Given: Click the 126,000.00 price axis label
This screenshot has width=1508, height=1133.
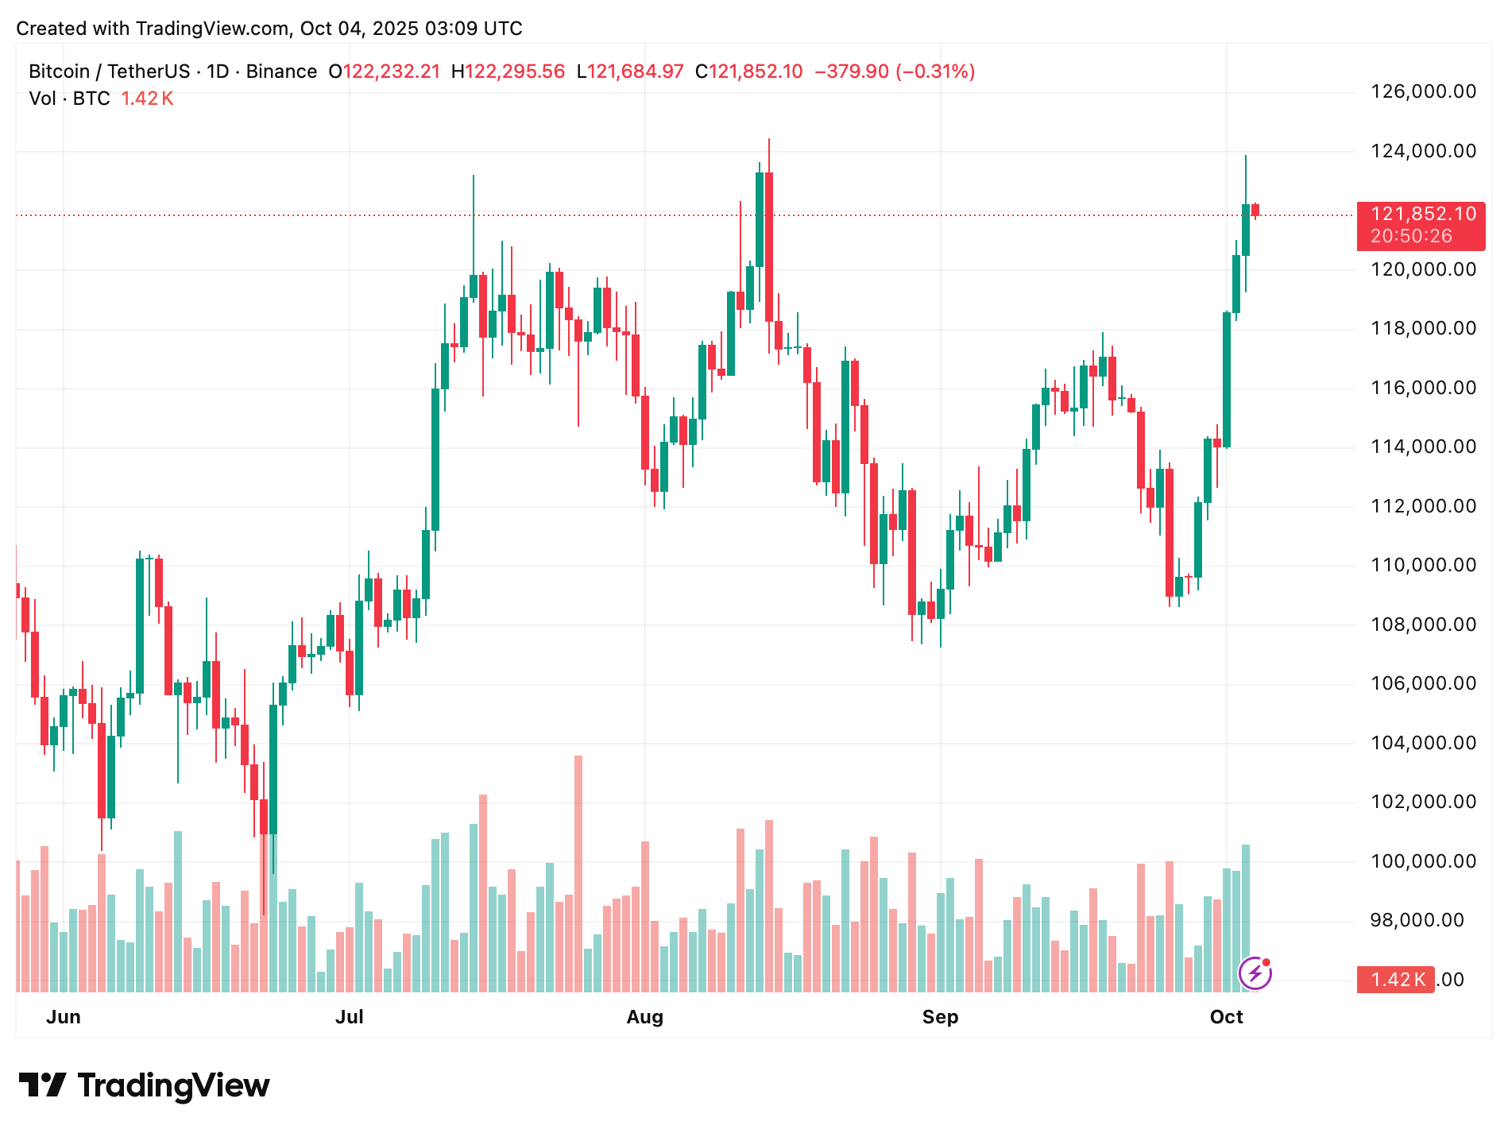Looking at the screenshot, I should point(1423,91).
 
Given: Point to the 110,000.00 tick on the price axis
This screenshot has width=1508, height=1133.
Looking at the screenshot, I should point(1423,565).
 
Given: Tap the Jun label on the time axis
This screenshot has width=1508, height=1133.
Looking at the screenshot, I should point(64,1017).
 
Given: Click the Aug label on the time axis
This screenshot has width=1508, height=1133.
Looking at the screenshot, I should point(644,1017).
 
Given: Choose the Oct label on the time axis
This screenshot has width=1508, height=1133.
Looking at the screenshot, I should point(1226,1017).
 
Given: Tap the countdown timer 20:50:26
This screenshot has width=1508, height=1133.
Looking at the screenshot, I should point(1411,236).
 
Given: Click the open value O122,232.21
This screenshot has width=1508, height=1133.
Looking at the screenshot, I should point(385,72).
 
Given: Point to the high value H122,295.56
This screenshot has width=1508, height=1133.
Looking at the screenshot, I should point(508,72).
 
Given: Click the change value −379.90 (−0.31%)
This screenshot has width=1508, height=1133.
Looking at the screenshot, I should point(895,72).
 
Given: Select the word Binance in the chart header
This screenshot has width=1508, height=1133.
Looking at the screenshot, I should point(281,72).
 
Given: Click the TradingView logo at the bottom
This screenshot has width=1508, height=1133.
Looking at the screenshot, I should point(144,1085).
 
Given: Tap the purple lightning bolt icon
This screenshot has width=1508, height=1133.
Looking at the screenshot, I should point(1255,973).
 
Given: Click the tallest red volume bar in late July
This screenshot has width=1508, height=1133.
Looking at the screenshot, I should point(578,874).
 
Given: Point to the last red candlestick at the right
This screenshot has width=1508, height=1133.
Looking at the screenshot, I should point(1255,211).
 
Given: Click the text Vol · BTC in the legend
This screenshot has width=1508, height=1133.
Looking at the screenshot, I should point(69,99).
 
